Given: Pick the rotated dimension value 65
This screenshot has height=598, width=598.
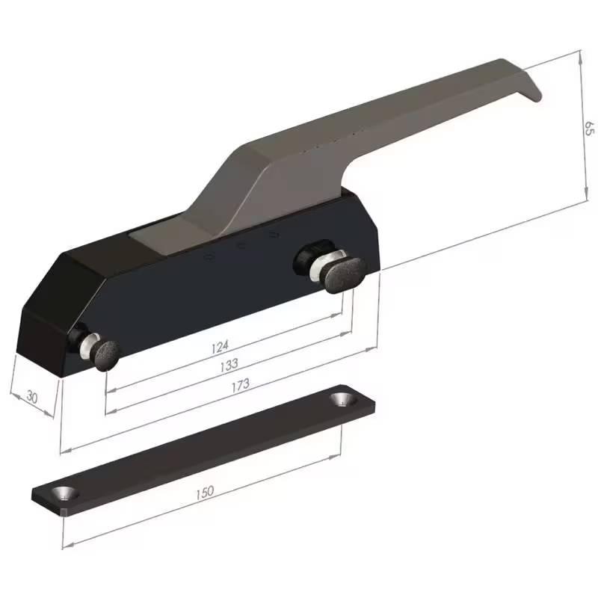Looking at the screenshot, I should (588, 126).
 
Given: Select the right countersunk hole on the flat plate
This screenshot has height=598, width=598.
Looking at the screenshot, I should (343, 399).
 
